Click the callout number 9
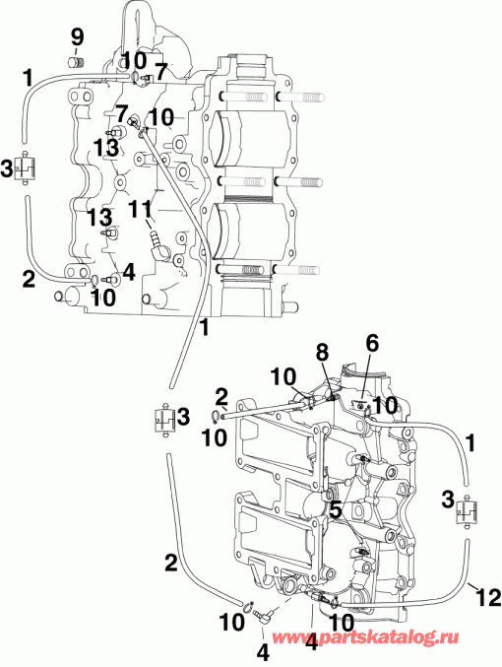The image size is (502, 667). (76, 38)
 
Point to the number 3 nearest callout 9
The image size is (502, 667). (7, 168)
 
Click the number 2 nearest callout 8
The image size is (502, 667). (222, 396)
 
